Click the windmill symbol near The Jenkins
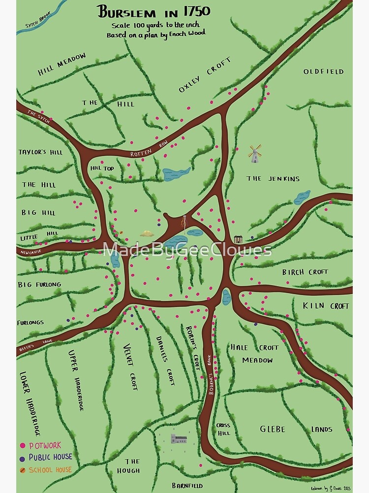[x=254, y=154]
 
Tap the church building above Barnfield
[x=178, y=439]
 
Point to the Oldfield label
[x=323, y=71]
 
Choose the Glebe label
[x=273, y=429]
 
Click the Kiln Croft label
[x=326, y=306]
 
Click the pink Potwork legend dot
[x=22, y=446]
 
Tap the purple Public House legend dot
[x=22, y=458]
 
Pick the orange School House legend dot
[x=22, y=470]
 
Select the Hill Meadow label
[x=61, y=64]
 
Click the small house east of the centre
[x=238, y=239]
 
